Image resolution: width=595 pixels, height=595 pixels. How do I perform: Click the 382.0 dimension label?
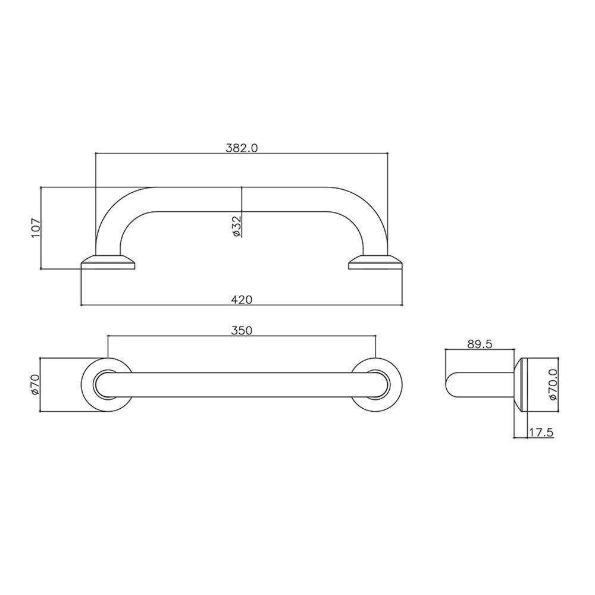click(242, 148)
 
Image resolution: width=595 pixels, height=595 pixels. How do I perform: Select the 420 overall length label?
click(242, 300)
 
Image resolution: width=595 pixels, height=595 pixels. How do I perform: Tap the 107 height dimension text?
click(35, 228)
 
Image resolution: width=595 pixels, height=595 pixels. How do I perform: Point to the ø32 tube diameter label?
click(236, 227)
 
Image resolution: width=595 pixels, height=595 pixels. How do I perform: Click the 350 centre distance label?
click(242, 330)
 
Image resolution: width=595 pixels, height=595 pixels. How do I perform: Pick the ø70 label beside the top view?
click(35, 384)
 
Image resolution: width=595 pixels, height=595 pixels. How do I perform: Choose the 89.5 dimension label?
click(479, 344)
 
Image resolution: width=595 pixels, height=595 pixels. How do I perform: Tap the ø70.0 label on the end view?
click(553, 384)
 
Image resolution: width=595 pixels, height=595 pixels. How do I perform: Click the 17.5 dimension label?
click(541, 432)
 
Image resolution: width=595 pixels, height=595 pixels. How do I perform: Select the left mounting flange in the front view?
click(108, 262)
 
